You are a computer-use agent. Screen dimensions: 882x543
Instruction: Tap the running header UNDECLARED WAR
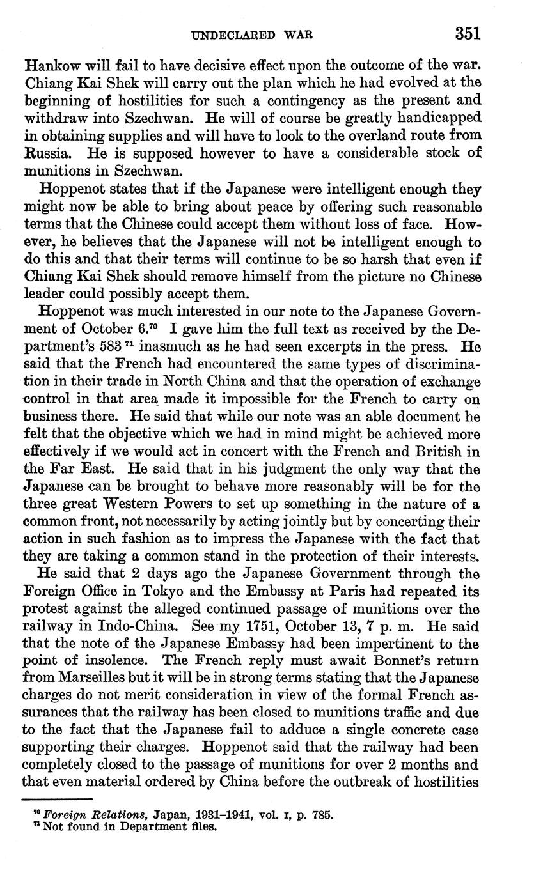(x=253, y=35)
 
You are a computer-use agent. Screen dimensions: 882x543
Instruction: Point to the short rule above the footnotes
(x=58, y=798)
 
